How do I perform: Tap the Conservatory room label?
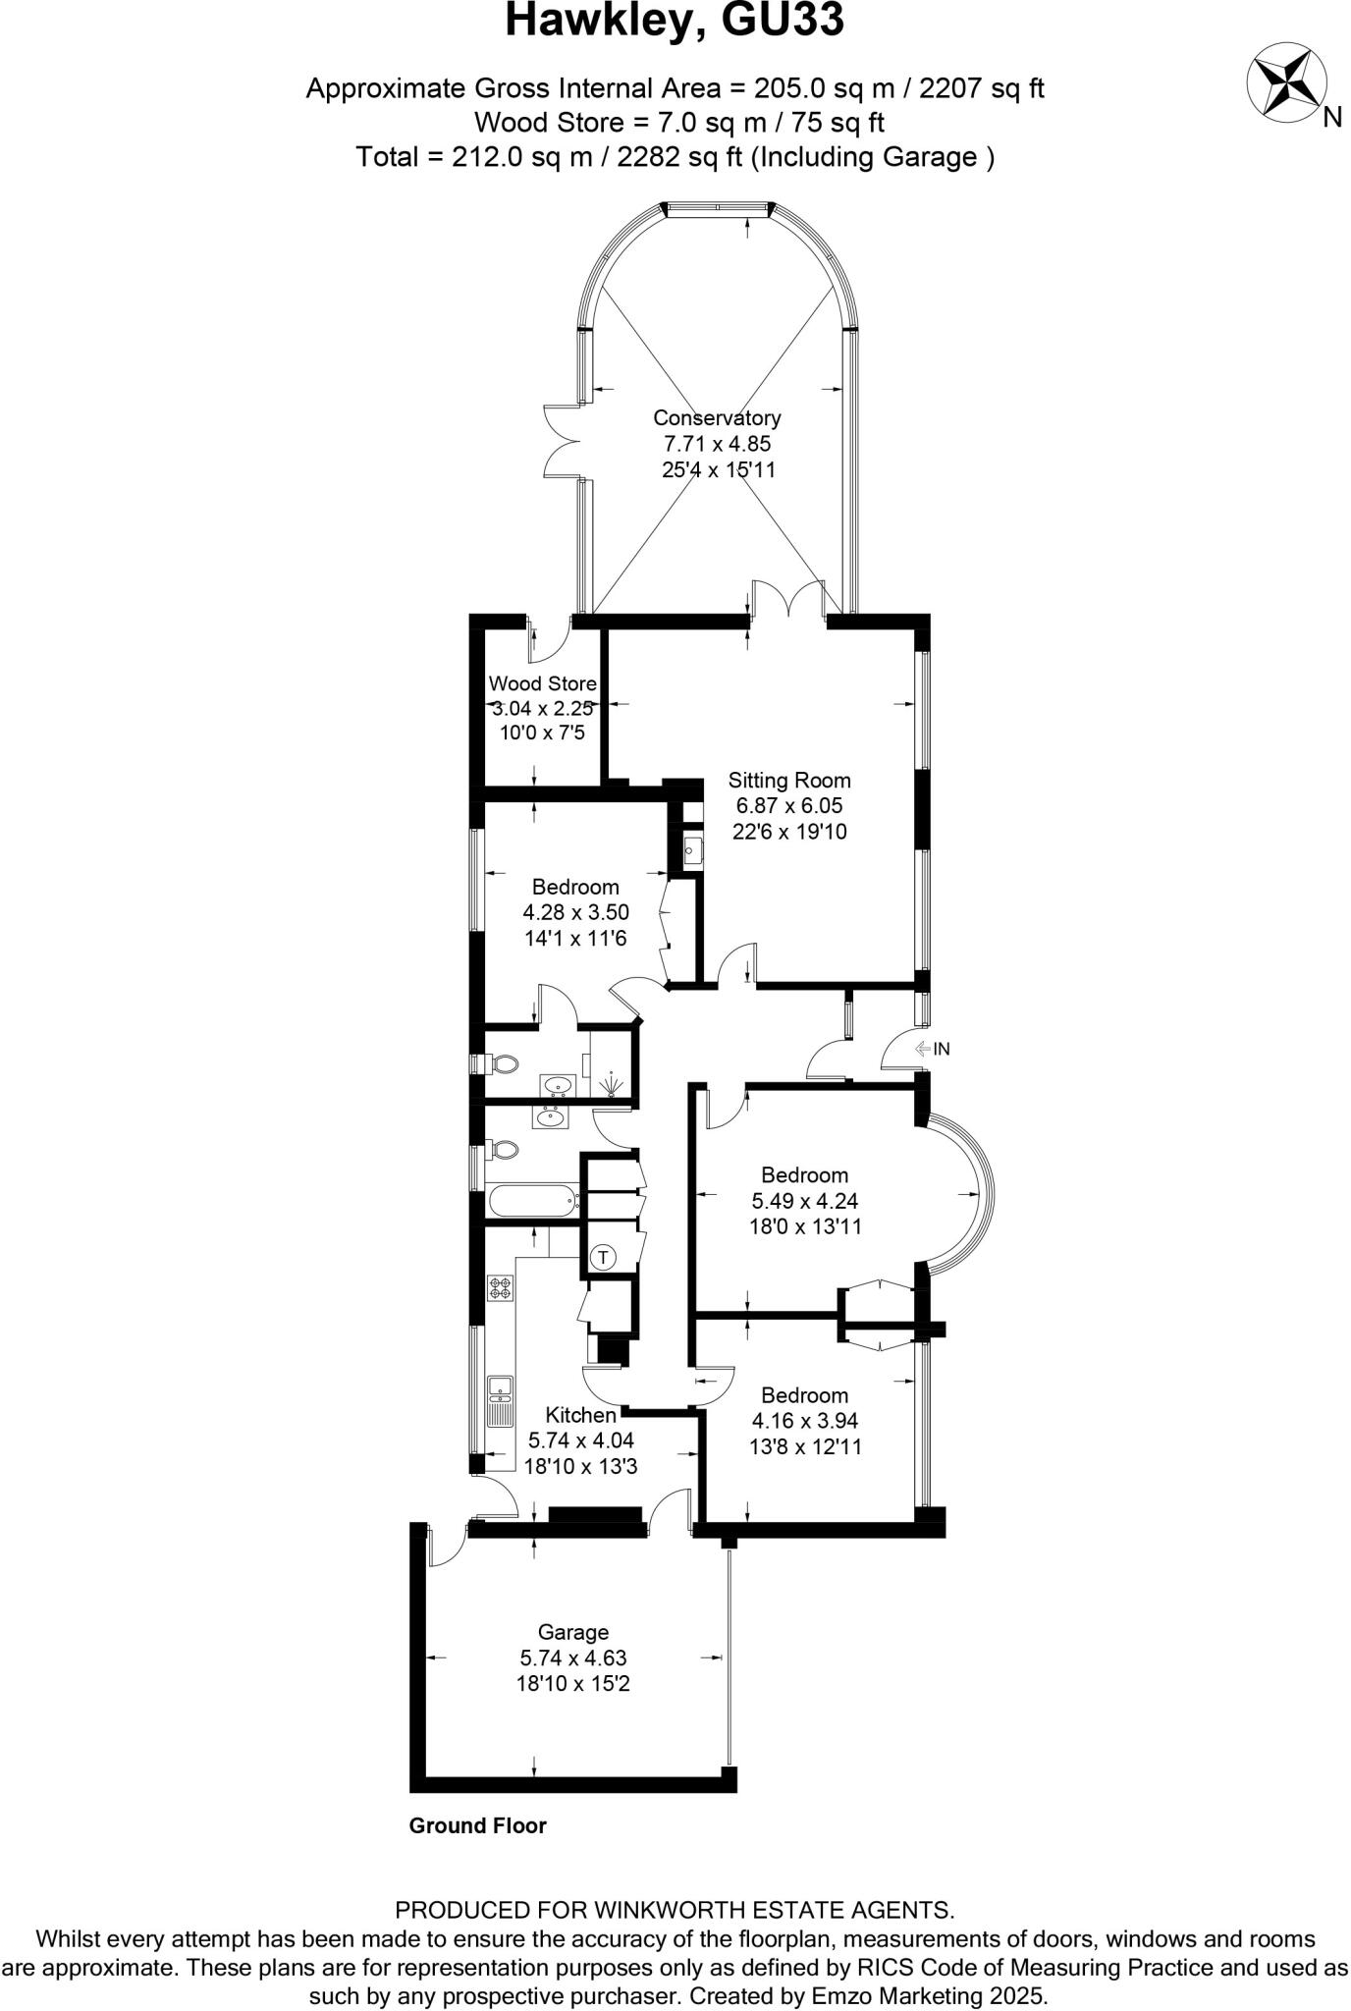[x=717, y=418]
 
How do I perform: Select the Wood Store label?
[x=542, y=683]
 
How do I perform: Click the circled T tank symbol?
[x=603, y=1256]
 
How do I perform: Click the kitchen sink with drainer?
[x=501, y=1400]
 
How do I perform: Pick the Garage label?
[x=572, y=1632]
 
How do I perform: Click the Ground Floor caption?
[x=477, y=1825]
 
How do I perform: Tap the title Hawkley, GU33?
[x=675, y=22]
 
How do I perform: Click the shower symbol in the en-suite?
[x=612, y=1084]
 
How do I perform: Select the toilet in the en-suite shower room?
[x=501, y=1063]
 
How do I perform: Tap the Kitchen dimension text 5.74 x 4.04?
[x=581, y=1440]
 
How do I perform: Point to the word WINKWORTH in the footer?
[x=675, y=1910]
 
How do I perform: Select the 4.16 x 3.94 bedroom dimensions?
[x=806, y=1421]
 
